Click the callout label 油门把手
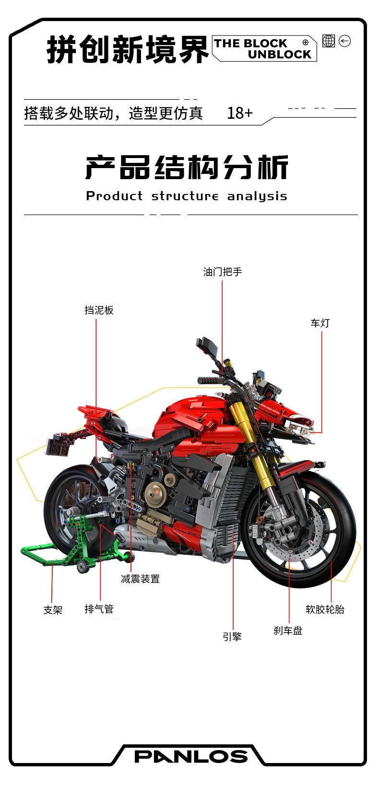click(223, 272)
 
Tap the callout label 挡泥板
click(99, 310)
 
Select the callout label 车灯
click(320, 323)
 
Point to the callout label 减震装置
click(140, 579)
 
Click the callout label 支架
click(53, 610)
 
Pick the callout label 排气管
click(99, 609)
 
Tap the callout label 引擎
click(232, 637)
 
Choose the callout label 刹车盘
click(288, 630)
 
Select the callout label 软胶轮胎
click(325, 610)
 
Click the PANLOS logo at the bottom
click(191, 757)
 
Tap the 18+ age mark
click(240, 113)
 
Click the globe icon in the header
click(329, 41)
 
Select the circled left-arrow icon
click(344, 41)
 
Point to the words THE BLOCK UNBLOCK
click(263, 49)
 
